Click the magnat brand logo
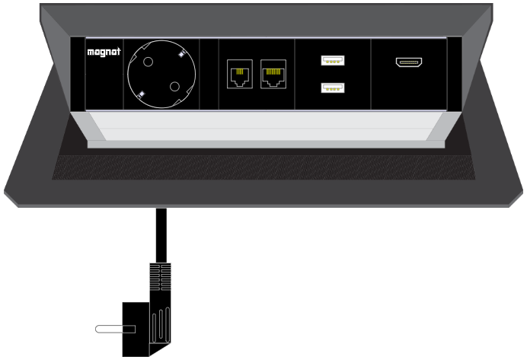[104, 52]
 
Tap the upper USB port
[332, 60]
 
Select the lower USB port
[332, 88]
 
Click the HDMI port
[409, 62]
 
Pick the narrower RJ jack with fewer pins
[240, 74]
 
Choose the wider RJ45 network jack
[273, 74]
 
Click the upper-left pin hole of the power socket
[148, 62]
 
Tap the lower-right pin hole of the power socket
[174, 87]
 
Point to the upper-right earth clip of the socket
[182, 54]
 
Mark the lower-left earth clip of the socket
[141, 94]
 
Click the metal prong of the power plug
[115, 329]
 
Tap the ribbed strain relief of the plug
[160, 277]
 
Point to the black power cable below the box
[161, 235]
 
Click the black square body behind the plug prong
[136, 329]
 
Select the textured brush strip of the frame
[263, 167]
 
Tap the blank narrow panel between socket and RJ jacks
[209, 74]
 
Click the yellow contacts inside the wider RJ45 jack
[273, 72]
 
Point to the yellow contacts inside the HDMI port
[409, 62]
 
